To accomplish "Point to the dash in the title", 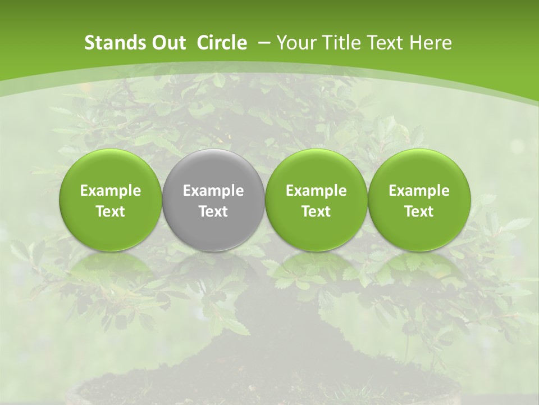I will point(262,43).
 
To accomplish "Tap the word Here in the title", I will point(431,43).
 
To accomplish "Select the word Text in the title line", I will point(385,43).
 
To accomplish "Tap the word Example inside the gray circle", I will point(213,191).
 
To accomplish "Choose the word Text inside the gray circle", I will point(213,211).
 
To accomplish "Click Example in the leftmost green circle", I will point(111,191).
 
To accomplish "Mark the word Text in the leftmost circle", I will point(111,211).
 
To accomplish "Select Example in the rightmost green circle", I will point(419,191).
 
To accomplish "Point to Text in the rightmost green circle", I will point(419,211).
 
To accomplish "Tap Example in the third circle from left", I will point(316,191).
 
